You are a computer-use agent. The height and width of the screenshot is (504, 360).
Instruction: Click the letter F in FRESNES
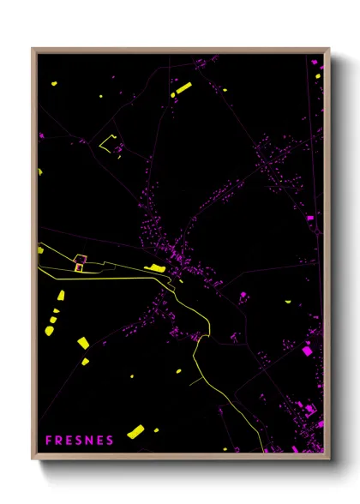tap(49, 441)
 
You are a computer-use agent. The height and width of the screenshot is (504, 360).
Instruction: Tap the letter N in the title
tap(88, 441)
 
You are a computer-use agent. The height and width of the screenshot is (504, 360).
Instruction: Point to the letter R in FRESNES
tap(58, 441)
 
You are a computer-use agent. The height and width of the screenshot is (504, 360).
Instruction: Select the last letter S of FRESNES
tap(110, 441)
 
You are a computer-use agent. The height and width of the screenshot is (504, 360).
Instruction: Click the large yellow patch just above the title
tap(135, 431)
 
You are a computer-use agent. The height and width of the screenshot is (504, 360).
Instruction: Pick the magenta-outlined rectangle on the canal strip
tap(80, 261)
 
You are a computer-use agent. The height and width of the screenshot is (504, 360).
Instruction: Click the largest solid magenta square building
tap(308, 350)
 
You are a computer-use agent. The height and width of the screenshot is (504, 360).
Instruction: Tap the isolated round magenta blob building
tap(243, 295)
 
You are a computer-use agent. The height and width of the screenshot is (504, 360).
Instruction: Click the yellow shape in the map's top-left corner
tap(53, 84)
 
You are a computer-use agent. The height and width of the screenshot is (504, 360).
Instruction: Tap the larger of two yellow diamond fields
tap(82, 343)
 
